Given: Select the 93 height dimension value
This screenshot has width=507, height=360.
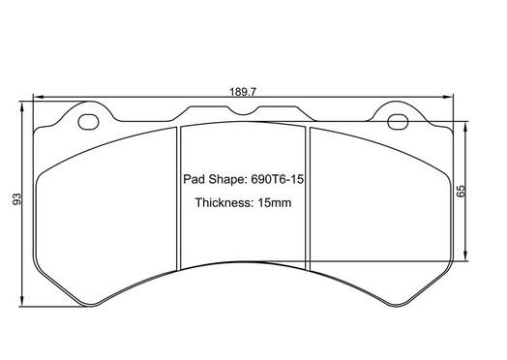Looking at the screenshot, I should [16, 200].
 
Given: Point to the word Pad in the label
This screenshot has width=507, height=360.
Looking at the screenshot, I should [194, 179].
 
